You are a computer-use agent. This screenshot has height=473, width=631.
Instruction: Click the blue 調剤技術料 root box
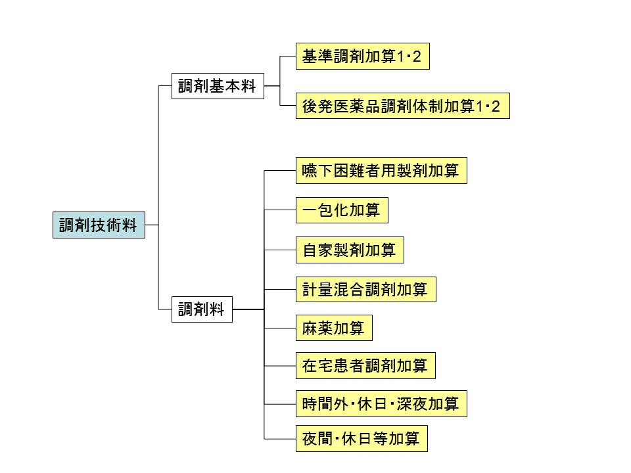pos(99,225)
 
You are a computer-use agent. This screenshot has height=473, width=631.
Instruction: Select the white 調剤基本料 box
pos(218,86)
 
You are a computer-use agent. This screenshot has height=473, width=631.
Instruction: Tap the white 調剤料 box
pos(202,309)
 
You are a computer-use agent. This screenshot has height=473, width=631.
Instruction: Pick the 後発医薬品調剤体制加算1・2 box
pos(402,106)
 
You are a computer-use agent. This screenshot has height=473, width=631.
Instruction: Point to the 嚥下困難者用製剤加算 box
pos(381,171)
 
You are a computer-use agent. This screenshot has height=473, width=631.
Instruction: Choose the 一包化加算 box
pos(342,211)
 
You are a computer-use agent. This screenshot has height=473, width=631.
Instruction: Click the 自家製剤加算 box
pos(349,250)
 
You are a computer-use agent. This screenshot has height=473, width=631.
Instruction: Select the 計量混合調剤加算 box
pos(365,289)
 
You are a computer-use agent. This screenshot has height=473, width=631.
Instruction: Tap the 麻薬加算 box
pos(334,328)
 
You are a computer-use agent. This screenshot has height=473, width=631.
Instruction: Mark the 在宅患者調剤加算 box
pos(365,366)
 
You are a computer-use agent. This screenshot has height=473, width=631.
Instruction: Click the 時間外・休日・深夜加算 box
pos(381,404)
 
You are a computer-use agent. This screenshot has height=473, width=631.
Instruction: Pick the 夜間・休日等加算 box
pos(362,439)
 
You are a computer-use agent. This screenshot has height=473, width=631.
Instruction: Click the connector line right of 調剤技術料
pos(152,225)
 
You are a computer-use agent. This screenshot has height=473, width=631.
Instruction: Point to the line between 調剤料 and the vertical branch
pos(248,309)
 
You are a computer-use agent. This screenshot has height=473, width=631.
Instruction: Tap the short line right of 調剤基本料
pos(271,86)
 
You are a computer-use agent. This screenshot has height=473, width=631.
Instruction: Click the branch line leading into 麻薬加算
pos(280,328)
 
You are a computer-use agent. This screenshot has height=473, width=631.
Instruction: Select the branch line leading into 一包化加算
pos(280,211)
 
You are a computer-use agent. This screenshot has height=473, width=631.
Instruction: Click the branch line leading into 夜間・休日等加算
pos(280,439)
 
